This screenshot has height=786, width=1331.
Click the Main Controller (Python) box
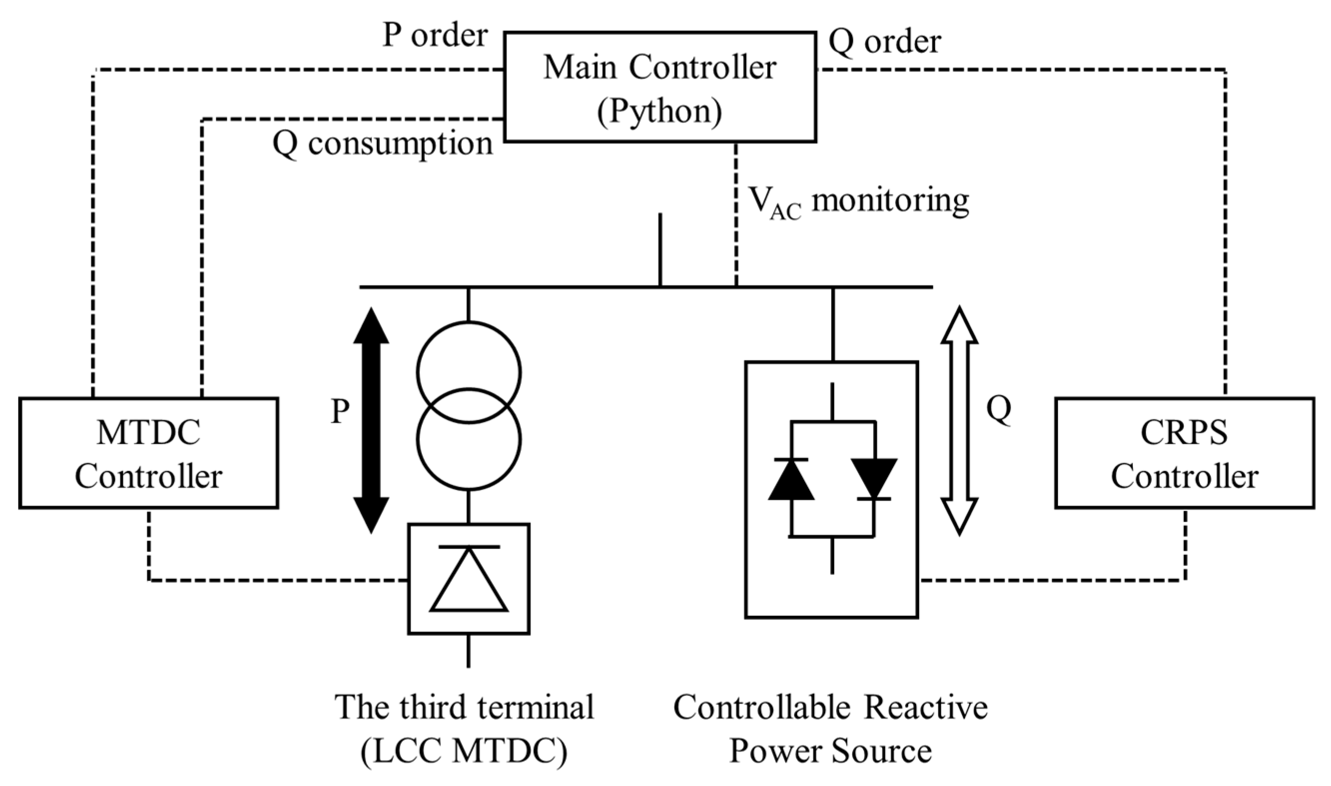pos(660,87)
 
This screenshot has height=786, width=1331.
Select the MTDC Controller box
pos(149,453)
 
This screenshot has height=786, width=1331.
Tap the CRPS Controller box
pos(1184,453)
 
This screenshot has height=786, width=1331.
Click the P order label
pos(434,35)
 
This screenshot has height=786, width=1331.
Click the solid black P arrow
pos(371,420)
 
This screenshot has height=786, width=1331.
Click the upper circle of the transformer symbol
pos(469,321)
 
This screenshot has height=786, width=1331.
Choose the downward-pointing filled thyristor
pos(874,479)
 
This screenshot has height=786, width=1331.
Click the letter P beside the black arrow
pos(339,411)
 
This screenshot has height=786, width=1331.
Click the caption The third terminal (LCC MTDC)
pos(464,729)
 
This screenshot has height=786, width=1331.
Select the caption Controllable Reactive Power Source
pos(830,729)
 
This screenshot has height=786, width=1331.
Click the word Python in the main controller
pos(660,112)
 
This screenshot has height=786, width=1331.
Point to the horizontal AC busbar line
pos(647,287)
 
